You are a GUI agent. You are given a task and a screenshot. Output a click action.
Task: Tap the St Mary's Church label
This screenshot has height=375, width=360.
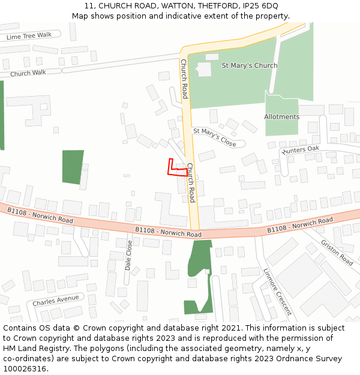coord(250,65)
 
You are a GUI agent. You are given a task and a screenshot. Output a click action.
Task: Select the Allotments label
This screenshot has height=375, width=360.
coord(281,117)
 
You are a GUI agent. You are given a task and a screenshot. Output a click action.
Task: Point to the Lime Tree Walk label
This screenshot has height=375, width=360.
coord(29,36)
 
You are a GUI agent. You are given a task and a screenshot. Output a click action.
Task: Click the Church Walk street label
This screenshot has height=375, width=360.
coord(28,73)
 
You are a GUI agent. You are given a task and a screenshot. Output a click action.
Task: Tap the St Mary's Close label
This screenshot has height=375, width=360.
coord(214,136)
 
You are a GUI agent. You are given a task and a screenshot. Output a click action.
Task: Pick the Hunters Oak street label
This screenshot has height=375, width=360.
coord(300,150)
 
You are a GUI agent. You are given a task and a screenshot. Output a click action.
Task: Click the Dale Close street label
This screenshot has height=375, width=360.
coord(128,255)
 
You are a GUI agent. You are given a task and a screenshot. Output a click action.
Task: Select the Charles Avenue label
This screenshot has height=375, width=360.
coord(56,299)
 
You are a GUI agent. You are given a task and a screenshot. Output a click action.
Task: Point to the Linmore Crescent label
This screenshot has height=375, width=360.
coord(277,292)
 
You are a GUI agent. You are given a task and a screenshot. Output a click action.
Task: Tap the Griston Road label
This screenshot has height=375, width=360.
coord(337,253)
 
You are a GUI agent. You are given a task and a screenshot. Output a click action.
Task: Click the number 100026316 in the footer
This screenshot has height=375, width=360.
coord(25,368)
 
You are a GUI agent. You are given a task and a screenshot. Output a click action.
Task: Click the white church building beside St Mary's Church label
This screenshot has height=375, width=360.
coord(205,68)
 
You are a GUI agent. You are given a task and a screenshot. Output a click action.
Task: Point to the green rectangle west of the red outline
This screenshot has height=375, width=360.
coord(73,167)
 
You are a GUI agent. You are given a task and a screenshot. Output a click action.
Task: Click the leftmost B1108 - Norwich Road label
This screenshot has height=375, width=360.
coord(40,215)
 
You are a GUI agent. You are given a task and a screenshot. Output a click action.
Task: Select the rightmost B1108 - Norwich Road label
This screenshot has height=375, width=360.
coord(299,225)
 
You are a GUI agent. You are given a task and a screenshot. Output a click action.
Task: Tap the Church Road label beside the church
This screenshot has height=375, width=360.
coord(184,79)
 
